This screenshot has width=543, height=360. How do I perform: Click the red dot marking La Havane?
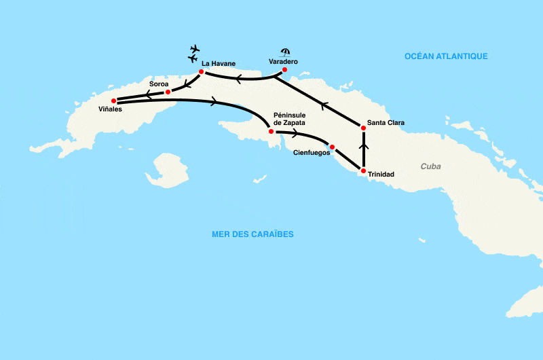click(x=202, y=71)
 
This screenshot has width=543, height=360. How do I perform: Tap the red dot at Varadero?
click(x=285, y=70)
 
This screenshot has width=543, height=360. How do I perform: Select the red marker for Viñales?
click(x=113, y=101)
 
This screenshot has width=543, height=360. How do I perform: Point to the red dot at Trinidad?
click(x=363, y=170)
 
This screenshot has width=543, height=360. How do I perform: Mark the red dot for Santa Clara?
click(x=363, y=127)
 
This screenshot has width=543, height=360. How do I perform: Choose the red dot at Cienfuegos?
click(x=332, y=147)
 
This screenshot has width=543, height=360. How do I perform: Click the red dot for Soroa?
click(x=168, y=91)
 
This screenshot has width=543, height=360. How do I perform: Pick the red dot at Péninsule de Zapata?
click(x=271, y=131)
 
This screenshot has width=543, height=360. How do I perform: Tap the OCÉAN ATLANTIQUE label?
click(x=446, y=56)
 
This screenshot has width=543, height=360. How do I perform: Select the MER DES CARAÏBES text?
click(x=252, y=234)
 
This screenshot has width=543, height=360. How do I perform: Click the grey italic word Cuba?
click(x=430, y=166)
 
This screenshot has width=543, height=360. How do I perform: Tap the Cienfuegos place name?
click(x=311, y=154)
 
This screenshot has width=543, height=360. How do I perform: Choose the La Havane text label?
click(x=219, y=64)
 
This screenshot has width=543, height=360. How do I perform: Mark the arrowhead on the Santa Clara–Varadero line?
click(x=324, y=105)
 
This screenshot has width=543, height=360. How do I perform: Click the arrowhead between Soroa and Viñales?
click(x=147, y=94)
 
